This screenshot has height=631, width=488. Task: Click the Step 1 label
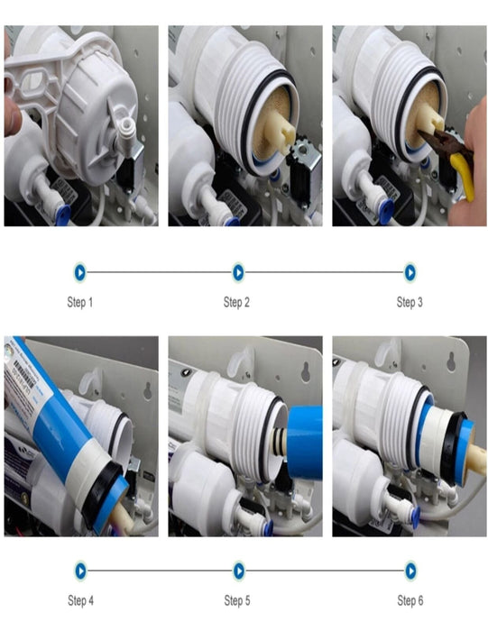click(x=79, y=302)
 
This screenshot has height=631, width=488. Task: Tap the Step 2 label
click(x=236, y=302)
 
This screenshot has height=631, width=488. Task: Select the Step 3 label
click(x=410, y=302)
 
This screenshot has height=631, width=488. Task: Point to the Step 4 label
click(x=80, y=600)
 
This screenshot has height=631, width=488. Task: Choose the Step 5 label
click(x=236, y=600)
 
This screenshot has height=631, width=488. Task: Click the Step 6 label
click(x=410, y=600)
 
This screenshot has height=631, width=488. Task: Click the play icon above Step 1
click(x=80, y=272)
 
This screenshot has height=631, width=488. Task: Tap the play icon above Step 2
click(x=238, y=272)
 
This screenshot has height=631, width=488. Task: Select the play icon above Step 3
click(x=410, y=272)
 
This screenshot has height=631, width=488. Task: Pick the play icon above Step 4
click(x=80, y=571)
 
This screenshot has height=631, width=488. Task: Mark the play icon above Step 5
click(x=239, y=571)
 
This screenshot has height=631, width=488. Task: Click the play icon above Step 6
click(x=410, y=571)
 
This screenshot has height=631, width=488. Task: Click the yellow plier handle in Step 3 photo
click(x=463, y=176)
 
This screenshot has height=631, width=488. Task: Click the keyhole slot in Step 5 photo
click(x=306, y=371)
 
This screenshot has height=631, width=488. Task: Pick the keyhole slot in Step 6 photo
click(x=451, y=361)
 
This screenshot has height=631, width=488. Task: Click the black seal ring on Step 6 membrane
click(x=452, y=448)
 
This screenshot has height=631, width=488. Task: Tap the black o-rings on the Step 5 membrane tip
click(x=278, y=441)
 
